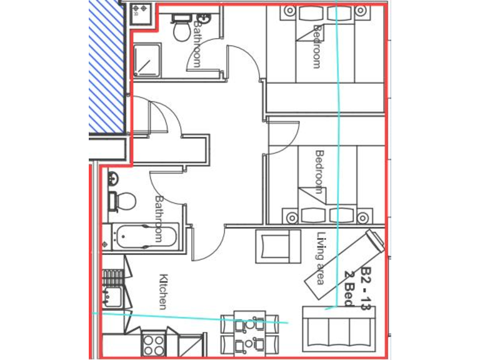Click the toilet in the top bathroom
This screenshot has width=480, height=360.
tap(181, 29)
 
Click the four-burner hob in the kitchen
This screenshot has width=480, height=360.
tap(154, 345)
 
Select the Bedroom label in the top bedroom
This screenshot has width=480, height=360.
tap(317, 46)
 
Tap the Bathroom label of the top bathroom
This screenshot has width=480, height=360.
tap(197, 44)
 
